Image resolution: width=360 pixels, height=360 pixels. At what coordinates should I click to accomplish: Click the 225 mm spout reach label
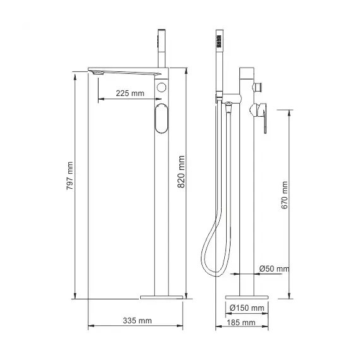130,93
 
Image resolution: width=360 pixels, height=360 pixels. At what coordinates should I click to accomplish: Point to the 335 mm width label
137,321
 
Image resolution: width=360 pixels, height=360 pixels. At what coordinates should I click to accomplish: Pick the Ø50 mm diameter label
275,268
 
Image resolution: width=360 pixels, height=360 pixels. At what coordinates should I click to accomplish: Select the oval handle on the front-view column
160,119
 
